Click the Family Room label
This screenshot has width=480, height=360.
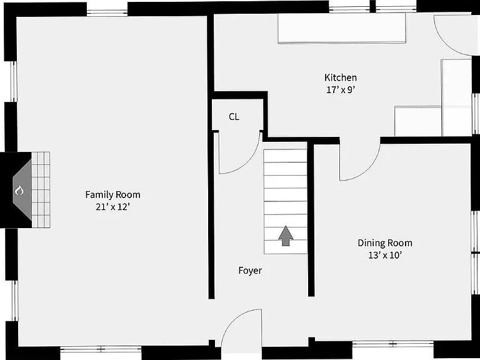(x=112, y=195)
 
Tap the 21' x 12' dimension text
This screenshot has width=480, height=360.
(x=113, y=207)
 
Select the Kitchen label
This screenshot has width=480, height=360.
(x=341, y=77)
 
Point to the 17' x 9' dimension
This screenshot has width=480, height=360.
(x=341, y=90)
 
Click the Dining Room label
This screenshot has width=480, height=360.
(x=385, y=243)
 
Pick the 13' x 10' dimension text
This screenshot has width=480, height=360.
(x=385, y=255)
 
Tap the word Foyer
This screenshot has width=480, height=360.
(x=250, y=271)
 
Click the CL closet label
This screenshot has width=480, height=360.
(x=234, y=117)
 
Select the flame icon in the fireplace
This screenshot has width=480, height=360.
(x=19, y=191)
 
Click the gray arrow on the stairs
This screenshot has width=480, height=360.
(x=286, y=236)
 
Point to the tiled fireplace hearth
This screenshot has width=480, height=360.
(x=41, y=189)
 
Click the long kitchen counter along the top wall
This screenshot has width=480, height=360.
(x=342, y=28)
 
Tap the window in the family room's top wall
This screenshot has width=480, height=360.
(x=107, y=13)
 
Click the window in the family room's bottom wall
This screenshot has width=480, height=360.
(x=101, y=349)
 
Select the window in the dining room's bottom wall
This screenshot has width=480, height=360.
(x=392, y=344)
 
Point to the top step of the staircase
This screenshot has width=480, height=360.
(x=285, y=156)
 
